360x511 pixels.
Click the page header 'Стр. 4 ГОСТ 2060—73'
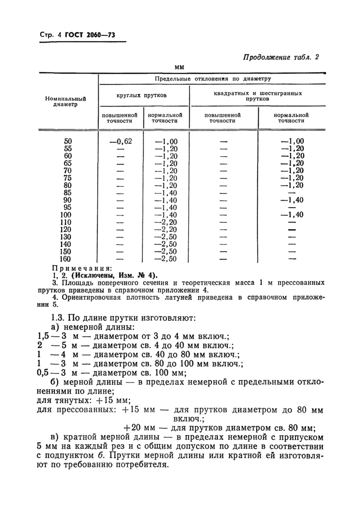tap(77, 35)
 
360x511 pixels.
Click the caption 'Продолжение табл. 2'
tap(281, 58)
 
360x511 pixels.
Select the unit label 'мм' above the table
tap(179, 67)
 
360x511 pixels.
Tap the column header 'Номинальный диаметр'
tap(65, 101)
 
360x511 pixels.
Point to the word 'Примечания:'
tap(82, 268)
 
